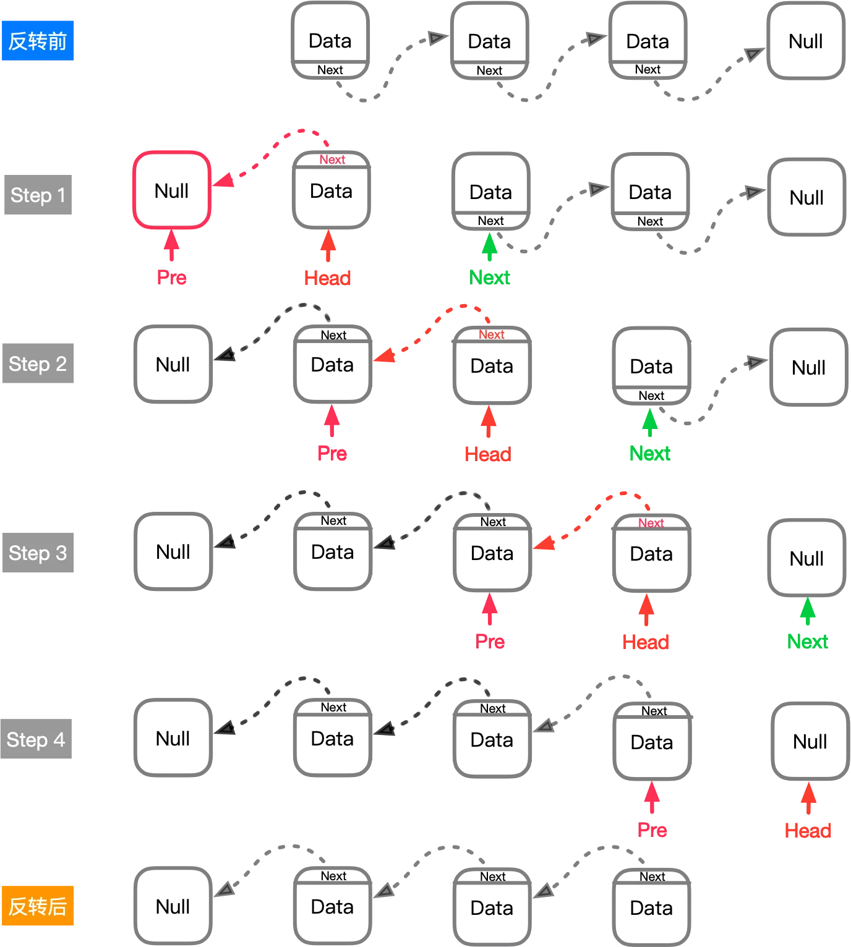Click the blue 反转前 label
click(x=37, y=41)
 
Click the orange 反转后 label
click(x=37, y=907)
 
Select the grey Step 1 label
click(x=37, y=195)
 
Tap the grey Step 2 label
click(x=37, y=363)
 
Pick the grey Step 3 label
click(x=37, y=552)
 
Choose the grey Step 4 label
click(x=37, y=739)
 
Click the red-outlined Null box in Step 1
click(x=172, y=190)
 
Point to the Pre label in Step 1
click(x=171, y=278)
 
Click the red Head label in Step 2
click(x=488, y=454)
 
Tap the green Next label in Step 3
click(x=808, y=642)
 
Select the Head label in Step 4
click(x=808, y=830)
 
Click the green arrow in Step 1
click(x=490, y=247)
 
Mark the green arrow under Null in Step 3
click(x=807, y=612)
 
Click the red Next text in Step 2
click(x=492, y=334)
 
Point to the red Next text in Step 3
click(x=651, y=523)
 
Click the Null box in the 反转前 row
click(x=806, y=41)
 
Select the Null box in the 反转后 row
click(x=173, y=907)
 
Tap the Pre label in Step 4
click(x=652, y=830)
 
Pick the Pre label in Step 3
click(x=490, y=642)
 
